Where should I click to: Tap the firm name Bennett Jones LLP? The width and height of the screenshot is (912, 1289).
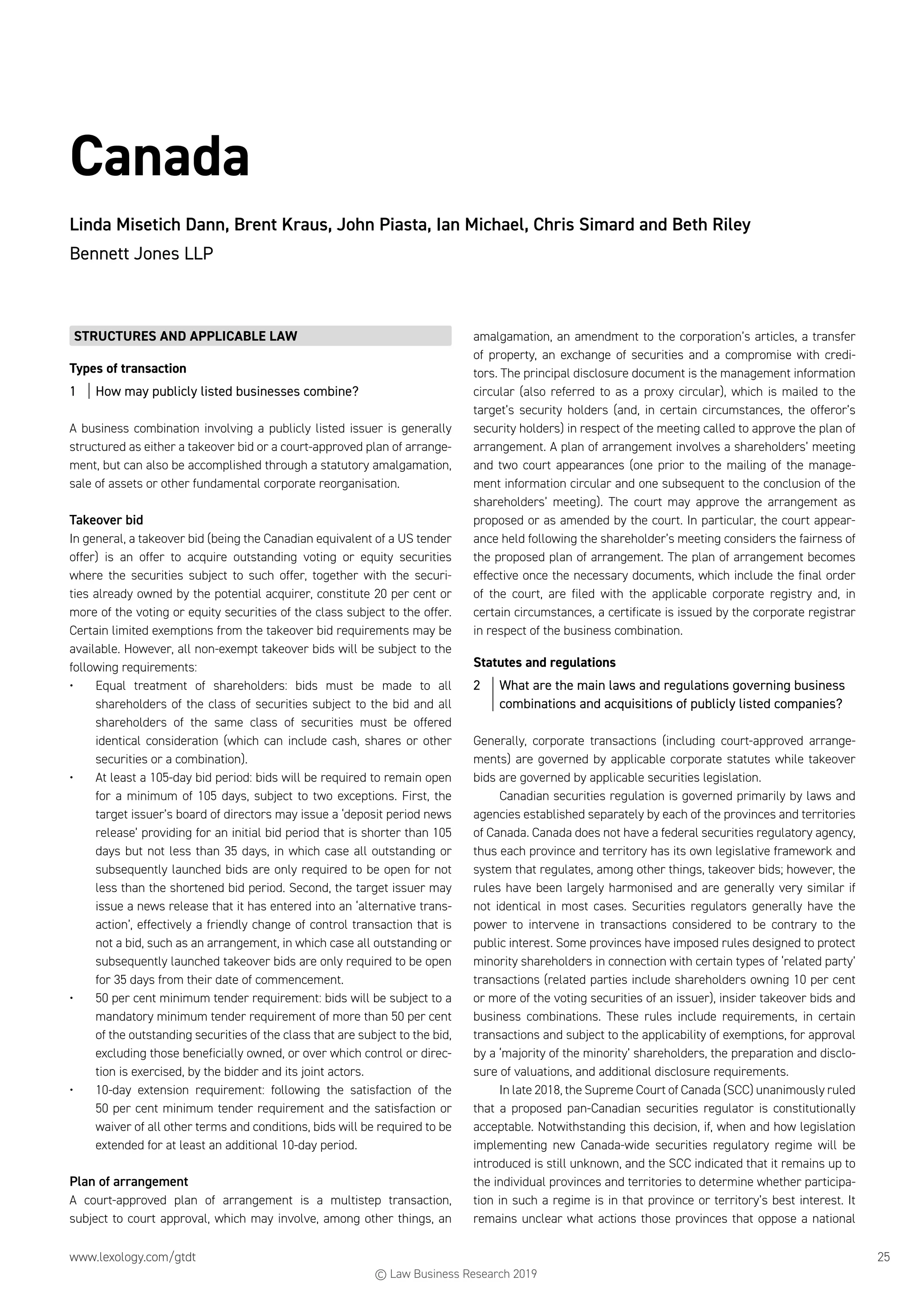pyautogui.click(x=141, y=254)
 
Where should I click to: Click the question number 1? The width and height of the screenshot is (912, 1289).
pyautogui.click(x=73, y=391)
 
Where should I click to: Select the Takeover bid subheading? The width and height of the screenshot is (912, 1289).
pyautogui.click(x=106, y=520)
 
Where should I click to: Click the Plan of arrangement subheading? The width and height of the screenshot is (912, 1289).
pyautogui.click(x=129, y=1181)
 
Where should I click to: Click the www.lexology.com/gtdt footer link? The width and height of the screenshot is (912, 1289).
pyautogui.click(x=133, y=1257)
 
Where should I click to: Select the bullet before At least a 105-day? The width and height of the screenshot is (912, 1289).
pyautogui.click(x=72, y=778)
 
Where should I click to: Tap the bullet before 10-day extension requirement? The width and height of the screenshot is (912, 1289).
pyautogui.click(x=72, y=1090)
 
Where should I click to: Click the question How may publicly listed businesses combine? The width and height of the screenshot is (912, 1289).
pyautogui.click(x=227, y=391)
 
